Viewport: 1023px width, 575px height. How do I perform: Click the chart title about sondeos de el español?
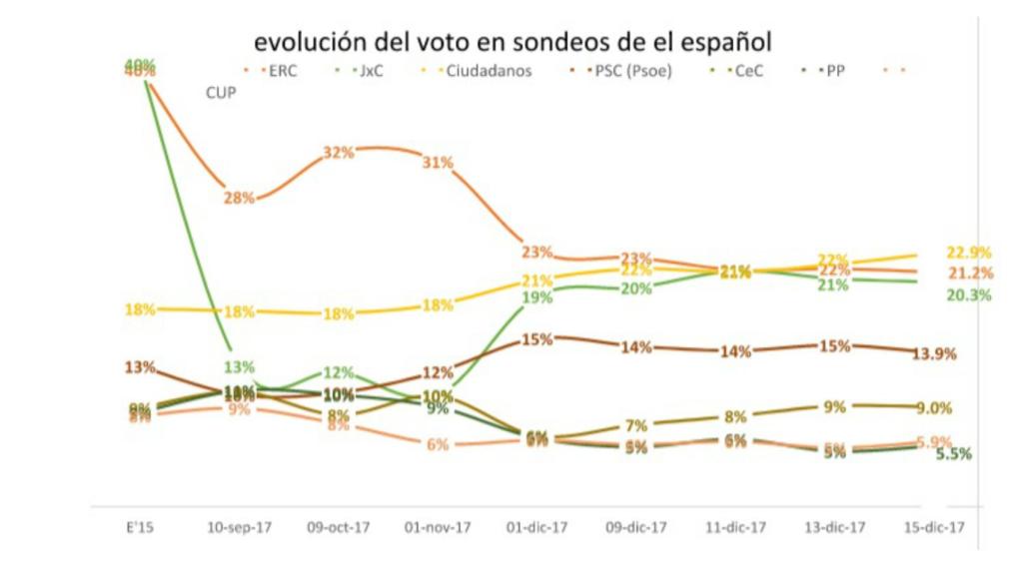coord(512,43)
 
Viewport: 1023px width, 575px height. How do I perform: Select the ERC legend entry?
coord(277,71)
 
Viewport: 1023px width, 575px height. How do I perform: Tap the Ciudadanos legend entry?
coord(488,71)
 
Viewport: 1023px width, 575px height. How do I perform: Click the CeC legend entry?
coord(748,71)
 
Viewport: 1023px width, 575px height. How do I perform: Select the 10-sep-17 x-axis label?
coord(238,527)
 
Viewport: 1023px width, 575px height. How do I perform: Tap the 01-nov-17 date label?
coord(438,527)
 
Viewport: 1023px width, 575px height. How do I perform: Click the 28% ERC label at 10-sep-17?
coord(239,198)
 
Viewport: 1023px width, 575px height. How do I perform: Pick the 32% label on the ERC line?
coord(339,153)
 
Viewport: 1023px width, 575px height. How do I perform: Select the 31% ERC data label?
coord(438,162)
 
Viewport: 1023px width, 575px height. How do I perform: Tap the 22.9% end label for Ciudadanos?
coord(968,252)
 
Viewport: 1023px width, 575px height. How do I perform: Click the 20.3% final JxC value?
coord(968,295)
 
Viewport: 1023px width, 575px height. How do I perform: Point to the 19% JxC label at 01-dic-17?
coord(537,296)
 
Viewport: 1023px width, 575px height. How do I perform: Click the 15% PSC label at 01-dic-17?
coord(537,339)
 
